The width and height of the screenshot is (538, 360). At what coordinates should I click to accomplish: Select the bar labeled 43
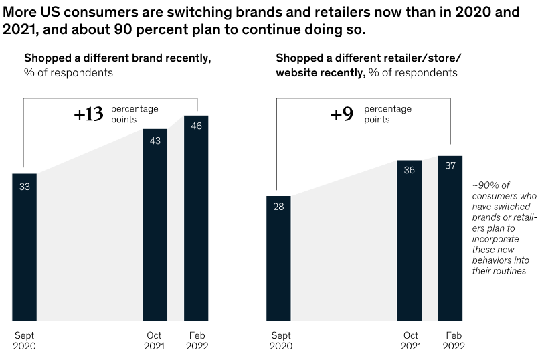[x=155, y=224]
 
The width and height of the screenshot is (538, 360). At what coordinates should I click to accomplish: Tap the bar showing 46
[x=196, y=217]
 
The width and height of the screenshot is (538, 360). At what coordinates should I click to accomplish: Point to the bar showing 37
[x=450, y=238]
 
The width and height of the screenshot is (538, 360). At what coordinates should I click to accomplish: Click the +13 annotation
[x=88, y=114]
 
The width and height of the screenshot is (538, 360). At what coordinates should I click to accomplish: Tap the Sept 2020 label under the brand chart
[x=24, y=341]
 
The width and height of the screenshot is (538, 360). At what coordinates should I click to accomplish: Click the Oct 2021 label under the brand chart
[x=155, y=341]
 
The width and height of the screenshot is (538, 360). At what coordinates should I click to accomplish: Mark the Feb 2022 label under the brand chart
[x=196, y=341]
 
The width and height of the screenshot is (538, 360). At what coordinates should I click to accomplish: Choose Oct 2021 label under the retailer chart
[x=410, y=341]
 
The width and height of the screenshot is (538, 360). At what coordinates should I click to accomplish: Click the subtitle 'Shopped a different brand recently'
[x=117, y=58]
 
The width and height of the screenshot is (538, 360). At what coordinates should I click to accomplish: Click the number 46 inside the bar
[x=196, y=126]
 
